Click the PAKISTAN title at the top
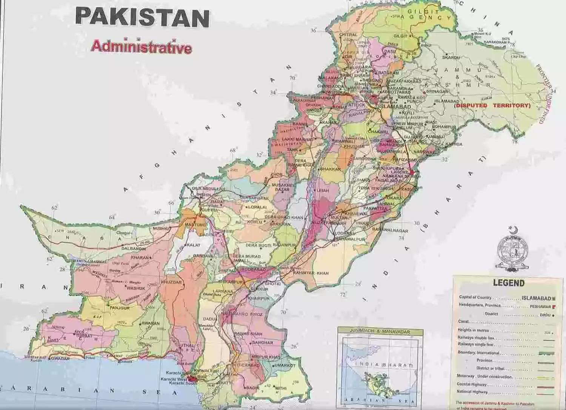(142, 17)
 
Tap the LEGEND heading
(508, 283)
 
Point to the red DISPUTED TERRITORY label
(492, 106)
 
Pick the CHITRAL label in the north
(348, 35)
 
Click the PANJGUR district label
(120, 308)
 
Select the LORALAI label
(258, 207)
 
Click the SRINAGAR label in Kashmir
(437, 92)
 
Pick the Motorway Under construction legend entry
(485, 377)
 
